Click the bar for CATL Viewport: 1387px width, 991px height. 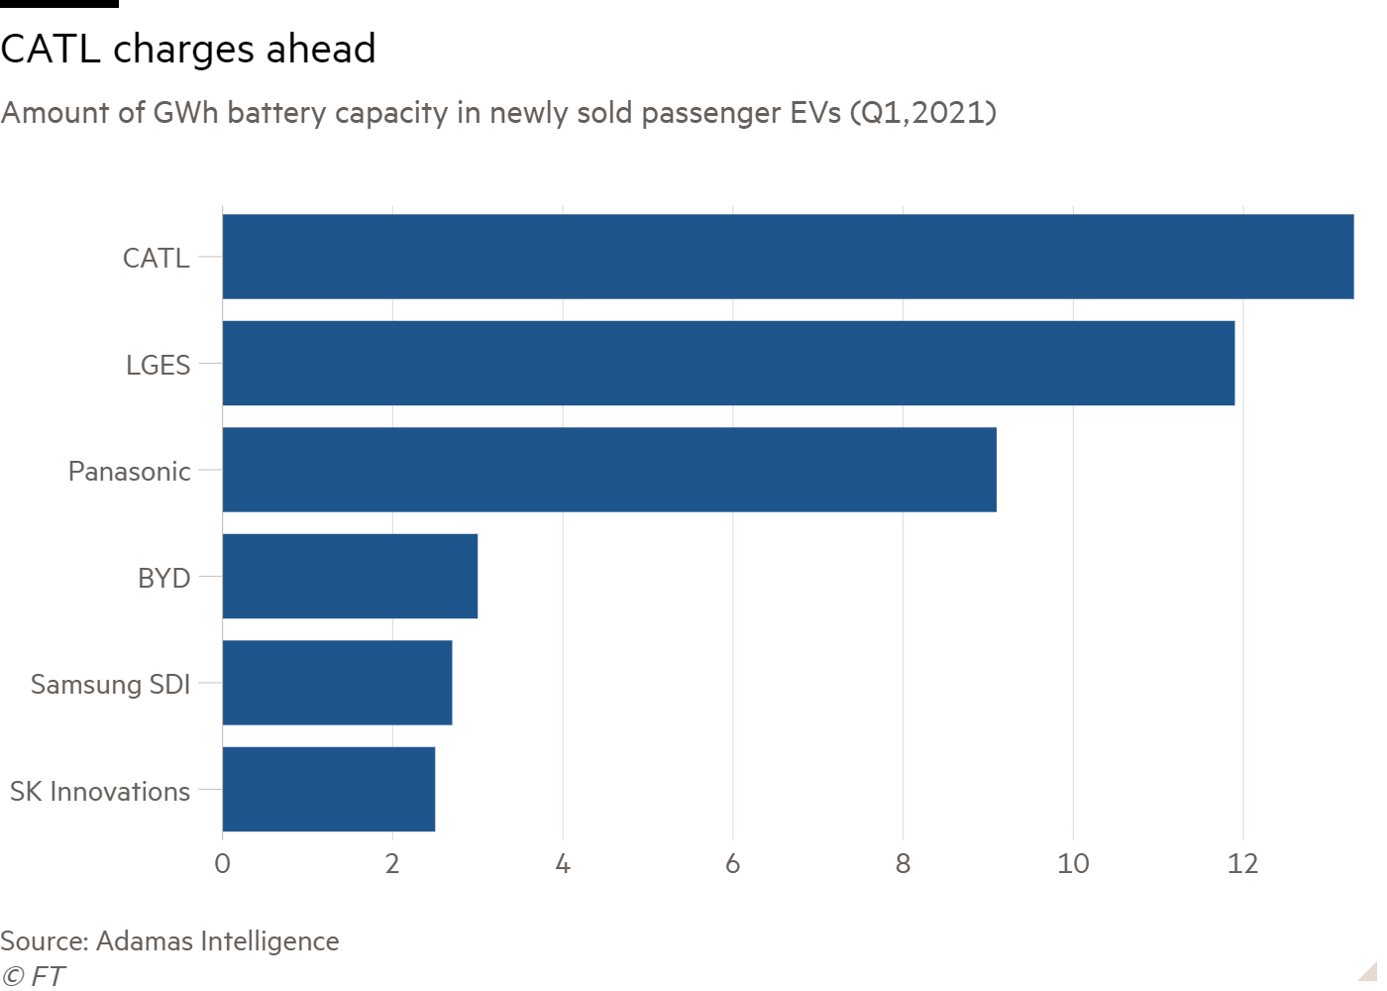click(788, 257)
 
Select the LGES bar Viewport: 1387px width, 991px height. click(728, 364)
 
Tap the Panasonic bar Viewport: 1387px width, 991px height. click(609, 470)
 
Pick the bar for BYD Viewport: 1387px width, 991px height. click(350, 577)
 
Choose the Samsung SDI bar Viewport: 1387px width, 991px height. click(337, 683)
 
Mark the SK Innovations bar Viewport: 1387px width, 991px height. click(329, 790)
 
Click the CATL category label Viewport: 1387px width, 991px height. click(156, 259)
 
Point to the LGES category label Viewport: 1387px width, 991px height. click(158, 366)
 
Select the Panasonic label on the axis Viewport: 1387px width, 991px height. click(129, 472)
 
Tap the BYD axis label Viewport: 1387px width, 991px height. click(163, 578)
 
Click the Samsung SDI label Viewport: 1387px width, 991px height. click(110, 685)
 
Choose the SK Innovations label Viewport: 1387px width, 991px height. click(100, 792)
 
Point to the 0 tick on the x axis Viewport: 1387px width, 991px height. click(223, 864)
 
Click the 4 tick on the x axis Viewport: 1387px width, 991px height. click(563, 864)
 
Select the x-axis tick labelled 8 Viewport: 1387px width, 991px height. click(903, 864)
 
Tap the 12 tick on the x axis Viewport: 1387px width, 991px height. click(1242, 864)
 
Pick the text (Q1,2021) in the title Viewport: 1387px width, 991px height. click(922, 113)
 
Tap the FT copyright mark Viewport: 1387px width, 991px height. click(33, 976)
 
